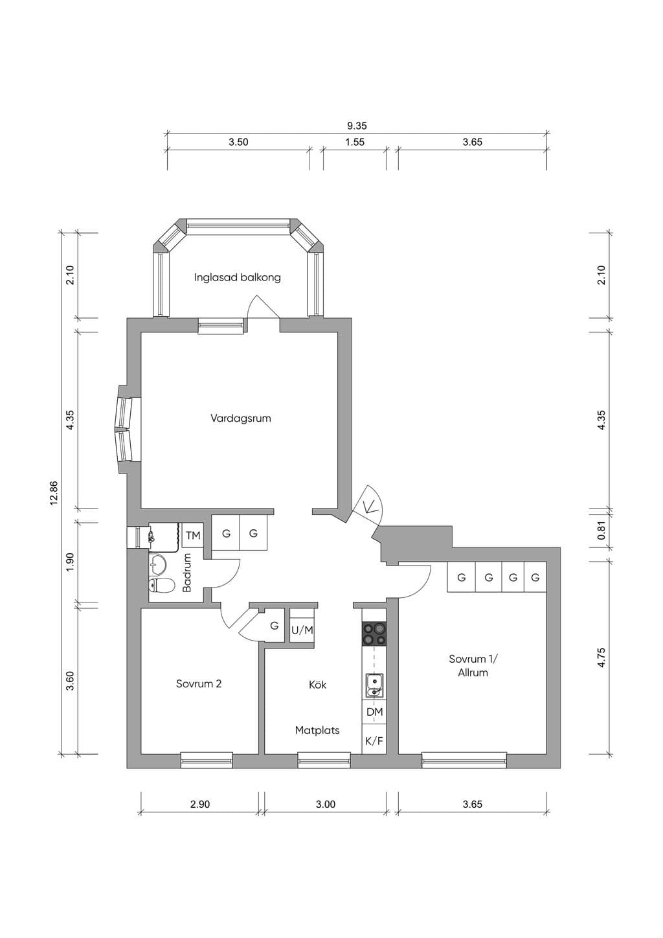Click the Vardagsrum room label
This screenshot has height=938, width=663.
coord(241,418)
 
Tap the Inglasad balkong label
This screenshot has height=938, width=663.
coord(238,278)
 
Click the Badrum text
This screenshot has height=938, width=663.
coord(186,573)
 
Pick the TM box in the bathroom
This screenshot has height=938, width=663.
coord(193,535)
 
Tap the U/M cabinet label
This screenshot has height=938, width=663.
coord(302,630)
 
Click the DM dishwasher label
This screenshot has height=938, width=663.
coord(374,711)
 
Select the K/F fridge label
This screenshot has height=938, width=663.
coord(374,741)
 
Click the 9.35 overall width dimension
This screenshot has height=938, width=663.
coord(357,126)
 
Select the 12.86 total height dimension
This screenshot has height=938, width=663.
coord(54,492)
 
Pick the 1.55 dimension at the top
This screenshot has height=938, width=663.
coord(355,142)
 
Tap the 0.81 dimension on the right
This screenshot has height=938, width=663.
coord(601,530)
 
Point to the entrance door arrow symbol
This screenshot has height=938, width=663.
coord(369,507)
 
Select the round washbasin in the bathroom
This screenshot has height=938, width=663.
coord(158,564)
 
